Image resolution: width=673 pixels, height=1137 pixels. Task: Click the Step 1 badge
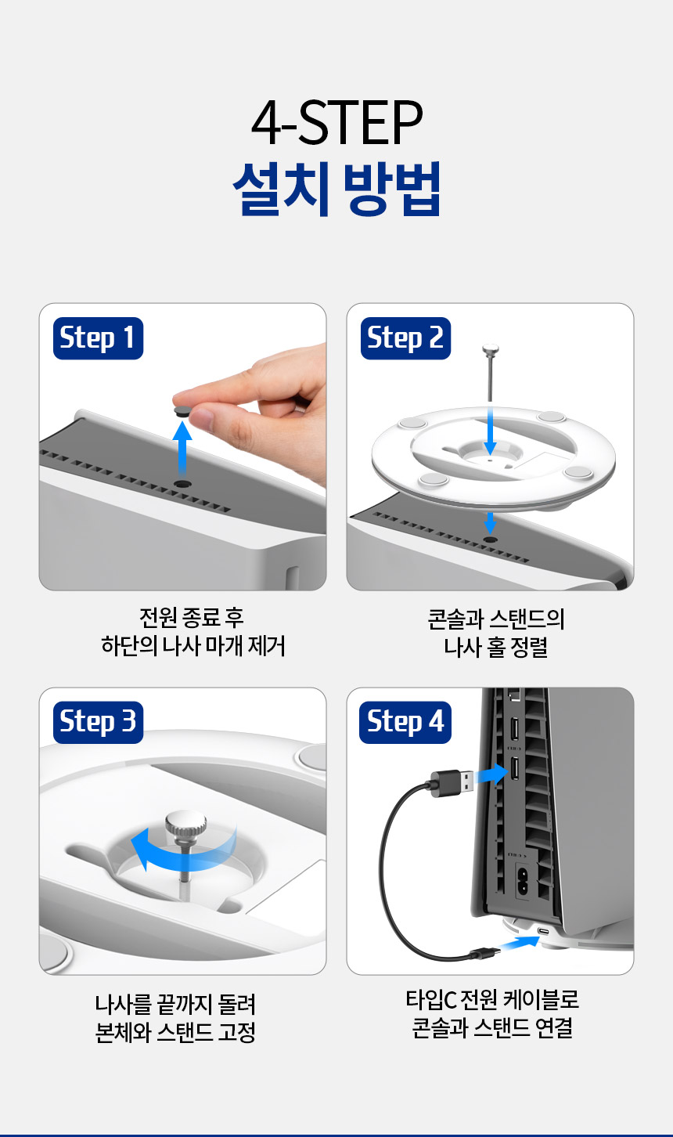pos(98,338)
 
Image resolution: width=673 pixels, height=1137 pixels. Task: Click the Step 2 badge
pos(405,338)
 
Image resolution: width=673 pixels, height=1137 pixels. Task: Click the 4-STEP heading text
pos(336,123)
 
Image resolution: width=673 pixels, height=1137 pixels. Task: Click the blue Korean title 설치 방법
pos(336,189)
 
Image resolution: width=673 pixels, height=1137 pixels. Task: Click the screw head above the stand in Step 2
pos(491,348)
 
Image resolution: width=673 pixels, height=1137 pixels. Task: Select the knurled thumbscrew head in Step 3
pos(185,825)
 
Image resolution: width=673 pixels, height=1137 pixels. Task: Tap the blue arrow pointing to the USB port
pos(491,774)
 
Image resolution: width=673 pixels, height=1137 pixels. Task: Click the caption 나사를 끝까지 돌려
pos(176,1004)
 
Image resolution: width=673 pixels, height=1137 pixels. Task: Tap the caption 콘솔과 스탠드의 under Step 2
pos(495,619)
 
